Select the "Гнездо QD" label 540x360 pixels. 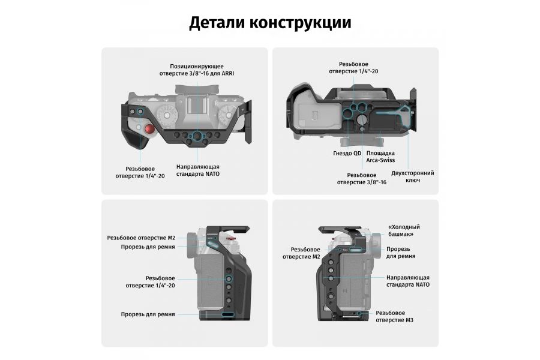(347, 153)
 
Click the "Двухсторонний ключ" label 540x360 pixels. (412, 176)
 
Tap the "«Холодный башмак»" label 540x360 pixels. (404, 230)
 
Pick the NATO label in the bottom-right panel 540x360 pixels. (407, 281)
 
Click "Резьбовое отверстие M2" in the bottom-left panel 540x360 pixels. (141, 238)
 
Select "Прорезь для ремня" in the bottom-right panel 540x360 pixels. (401, 253)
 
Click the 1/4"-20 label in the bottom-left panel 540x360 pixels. (160, 281)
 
